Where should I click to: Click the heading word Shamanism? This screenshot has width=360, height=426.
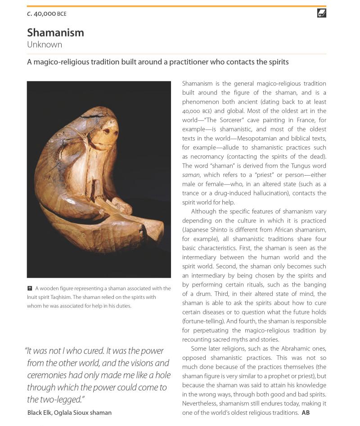point(55,32)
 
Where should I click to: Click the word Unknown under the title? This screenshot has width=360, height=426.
point(45,45)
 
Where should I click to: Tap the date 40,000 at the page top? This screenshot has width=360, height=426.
point(45,14)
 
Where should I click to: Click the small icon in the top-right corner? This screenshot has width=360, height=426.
point(321,14)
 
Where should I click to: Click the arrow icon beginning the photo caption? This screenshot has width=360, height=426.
point(30,288)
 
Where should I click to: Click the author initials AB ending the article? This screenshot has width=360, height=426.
point(306,412)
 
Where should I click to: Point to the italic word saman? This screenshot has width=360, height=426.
point(191,175)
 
